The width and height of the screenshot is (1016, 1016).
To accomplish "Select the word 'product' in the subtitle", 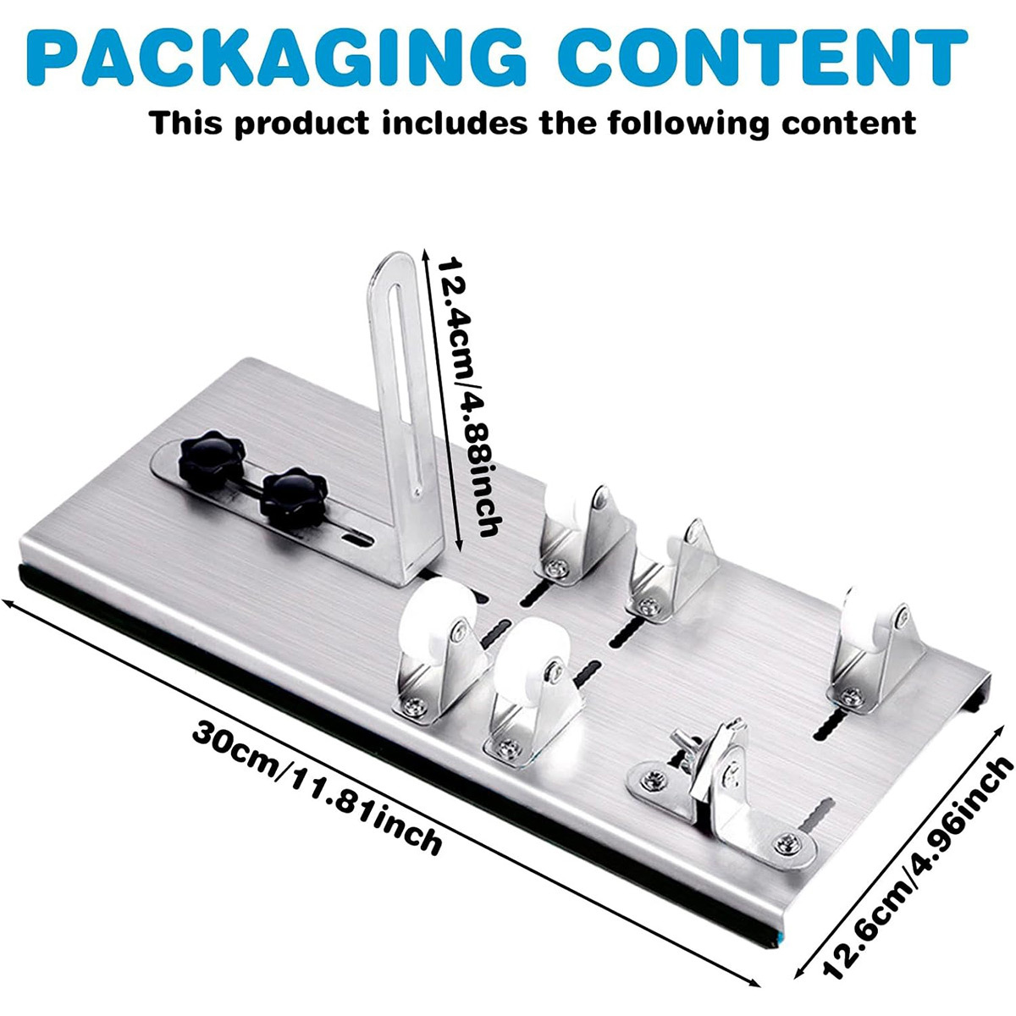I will point(301,124).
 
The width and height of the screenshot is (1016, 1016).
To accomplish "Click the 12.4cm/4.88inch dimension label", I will point(465,396).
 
